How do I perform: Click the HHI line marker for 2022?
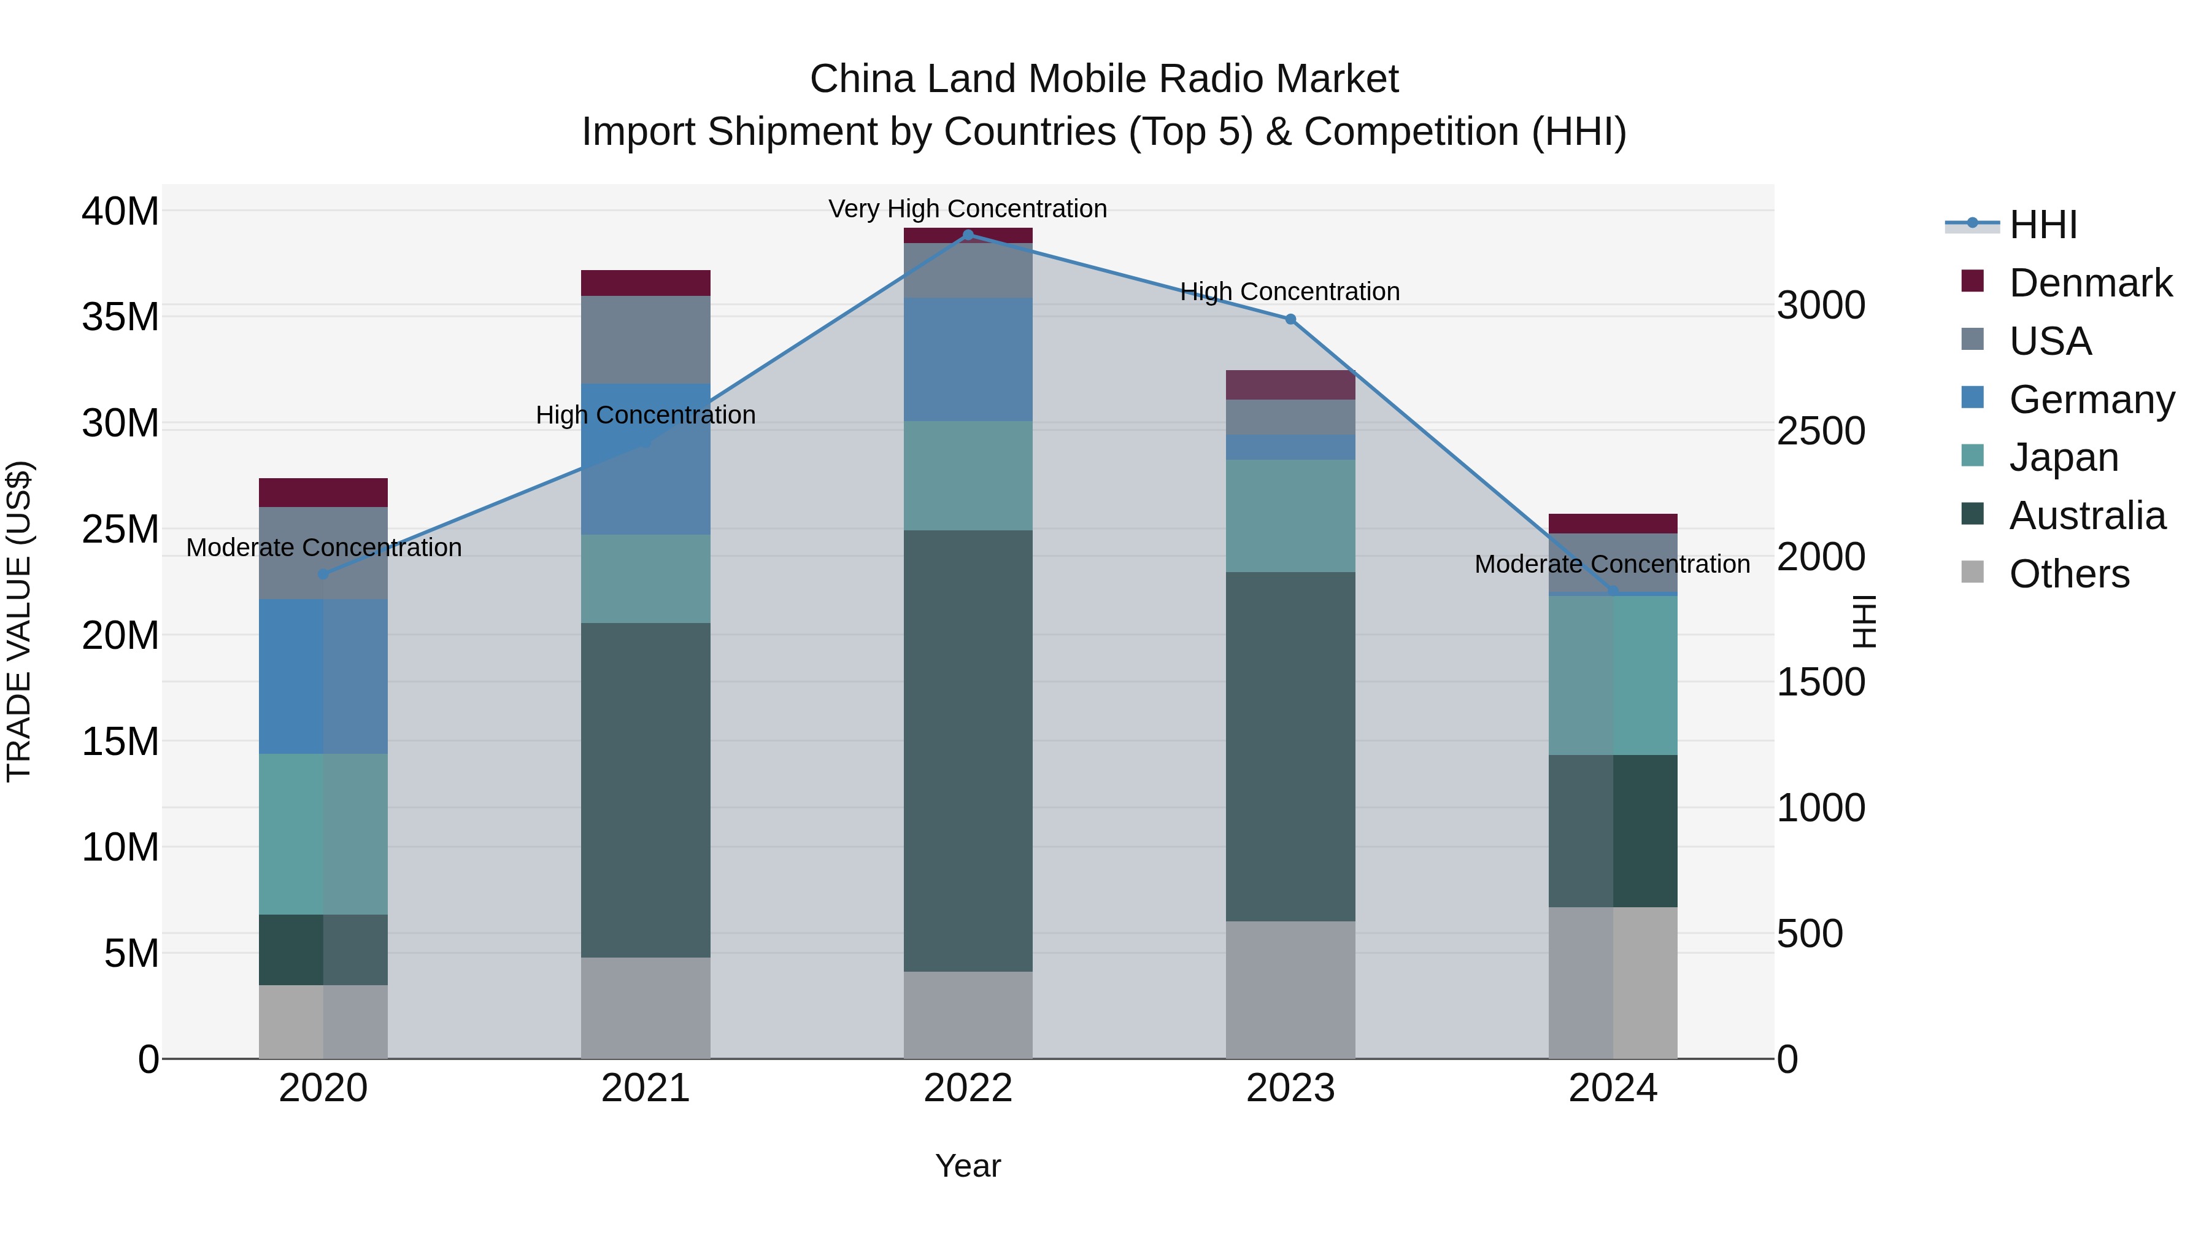pos(968,234)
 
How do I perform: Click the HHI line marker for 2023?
pos(1290,319)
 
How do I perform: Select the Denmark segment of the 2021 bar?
pos(645,283)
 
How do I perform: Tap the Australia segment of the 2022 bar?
pos(968,751)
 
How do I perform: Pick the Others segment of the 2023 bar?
pos(1290,990)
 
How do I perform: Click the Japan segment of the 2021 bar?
pos(645,579)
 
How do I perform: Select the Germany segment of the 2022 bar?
pos(968,360)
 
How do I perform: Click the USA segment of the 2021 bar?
pos(645,339)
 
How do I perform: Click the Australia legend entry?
pos(2086,516)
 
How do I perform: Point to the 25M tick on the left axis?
pos(120,529)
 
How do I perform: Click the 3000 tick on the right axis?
pos(1821,306)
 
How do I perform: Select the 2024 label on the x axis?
pos(1612,1088)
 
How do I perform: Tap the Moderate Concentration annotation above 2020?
pos(323,548)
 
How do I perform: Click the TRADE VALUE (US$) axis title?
pos(19,621)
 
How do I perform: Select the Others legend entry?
pos(2068,574)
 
